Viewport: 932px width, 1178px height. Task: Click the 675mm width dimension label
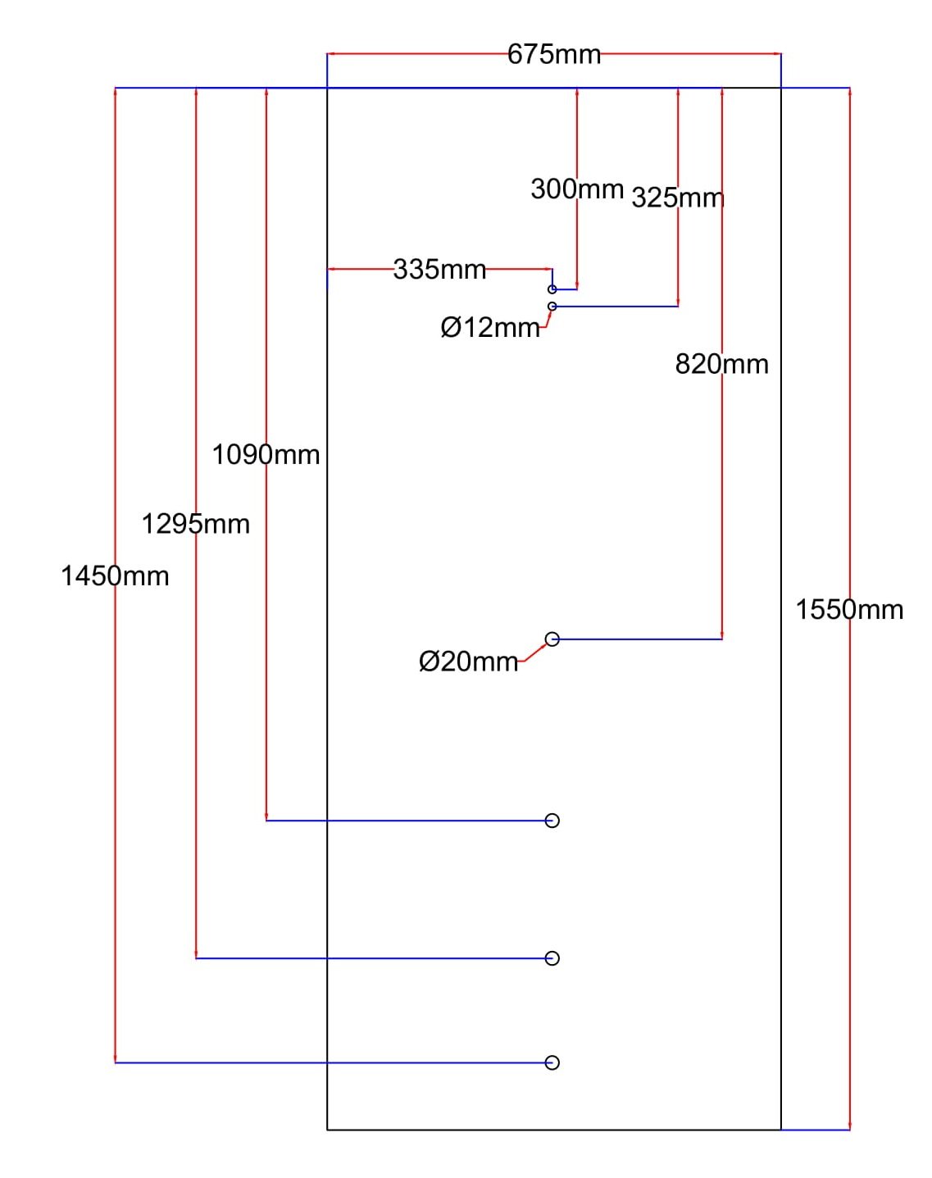pos(553,55)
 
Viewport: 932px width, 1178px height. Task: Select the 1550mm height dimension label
pos(849,610)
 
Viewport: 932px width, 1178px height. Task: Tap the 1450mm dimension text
pos(115,576)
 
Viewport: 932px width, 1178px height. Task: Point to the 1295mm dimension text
pos(196,525)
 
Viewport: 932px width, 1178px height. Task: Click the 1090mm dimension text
pos(266,455)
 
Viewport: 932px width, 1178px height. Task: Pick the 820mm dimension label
pos(722,365)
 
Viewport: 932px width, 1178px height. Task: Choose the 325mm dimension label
pos(678,198)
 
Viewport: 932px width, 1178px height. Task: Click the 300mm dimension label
pos(577,189)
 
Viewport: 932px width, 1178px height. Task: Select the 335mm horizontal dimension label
pos(439,270)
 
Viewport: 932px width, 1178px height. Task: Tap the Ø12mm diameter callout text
pos(490,328)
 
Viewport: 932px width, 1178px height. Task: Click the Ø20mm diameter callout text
pos(469,662)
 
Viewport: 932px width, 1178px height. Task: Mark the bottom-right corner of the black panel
pos(781,1130)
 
